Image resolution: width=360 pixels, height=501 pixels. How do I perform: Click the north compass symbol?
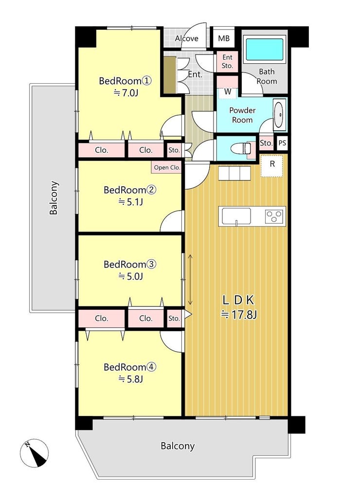pos(34,453)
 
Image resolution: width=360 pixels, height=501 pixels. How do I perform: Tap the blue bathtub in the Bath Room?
pos(265,50)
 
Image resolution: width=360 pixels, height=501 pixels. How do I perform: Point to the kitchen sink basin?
pos(236,216)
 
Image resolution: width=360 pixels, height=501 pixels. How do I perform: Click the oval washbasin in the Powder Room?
pos(279,115)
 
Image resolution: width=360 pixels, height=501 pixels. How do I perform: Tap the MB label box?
pos(224,38)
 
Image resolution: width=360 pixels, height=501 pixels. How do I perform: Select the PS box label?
pos(282,143)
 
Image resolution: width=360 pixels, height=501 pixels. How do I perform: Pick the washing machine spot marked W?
pos(228,92)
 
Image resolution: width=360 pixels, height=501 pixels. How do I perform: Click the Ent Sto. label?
pos(227,62)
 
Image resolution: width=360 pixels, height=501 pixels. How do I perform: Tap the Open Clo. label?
pos(167,167)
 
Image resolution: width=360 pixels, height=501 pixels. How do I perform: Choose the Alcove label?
pos(186,38)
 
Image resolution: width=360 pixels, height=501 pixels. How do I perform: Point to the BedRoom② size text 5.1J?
pos(131,202)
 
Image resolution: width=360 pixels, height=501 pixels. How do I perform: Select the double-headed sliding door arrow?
pos(190,280)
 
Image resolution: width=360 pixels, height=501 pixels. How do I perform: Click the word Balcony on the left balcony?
pos(54,198)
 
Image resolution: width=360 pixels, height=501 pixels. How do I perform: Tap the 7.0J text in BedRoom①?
pos(126,92)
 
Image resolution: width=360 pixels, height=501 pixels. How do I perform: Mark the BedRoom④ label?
pos(130,367)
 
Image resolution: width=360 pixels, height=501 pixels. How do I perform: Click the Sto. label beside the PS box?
pos(266,143)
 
